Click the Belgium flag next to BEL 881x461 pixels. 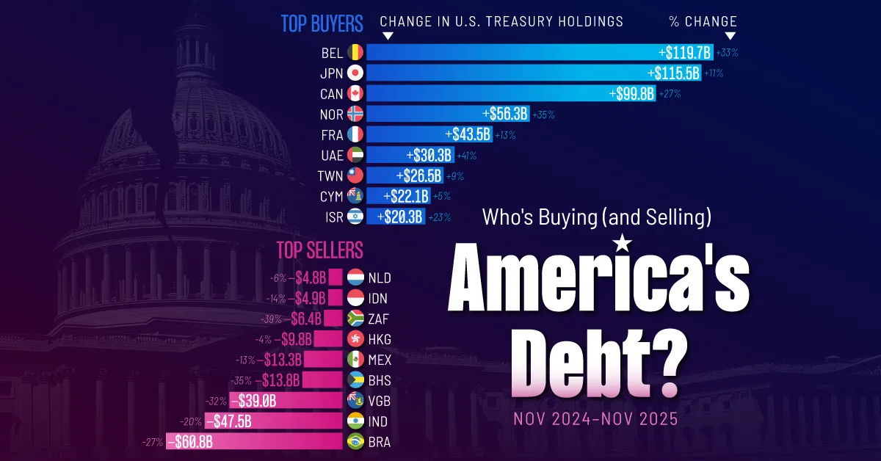[x=355, y=52]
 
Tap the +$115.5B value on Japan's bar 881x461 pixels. [x=673, y=73]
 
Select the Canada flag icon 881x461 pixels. [x=355, y=93]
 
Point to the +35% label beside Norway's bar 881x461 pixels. [x=544, y=115]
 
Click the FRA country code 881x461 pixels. [x=332, y=134]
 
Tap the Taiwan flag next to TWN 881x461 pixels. [x=355, y=175]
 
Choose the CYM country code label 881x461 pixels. [x=332, y=196]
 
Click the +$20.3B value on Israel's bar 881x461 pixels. [x=400, y=217]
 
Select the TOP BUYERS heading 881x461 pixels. [x=322, y=23]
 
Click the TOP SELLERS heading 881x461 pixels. [x=319, y=250]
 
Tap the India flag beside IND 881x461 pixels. [x=355, y=421]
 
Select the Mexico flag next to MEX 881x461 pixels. [x=355, y=360]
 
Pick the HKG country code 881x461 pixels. [x=380, y=339]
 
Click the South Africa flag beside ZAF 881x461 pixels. [x=355, y=319]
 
